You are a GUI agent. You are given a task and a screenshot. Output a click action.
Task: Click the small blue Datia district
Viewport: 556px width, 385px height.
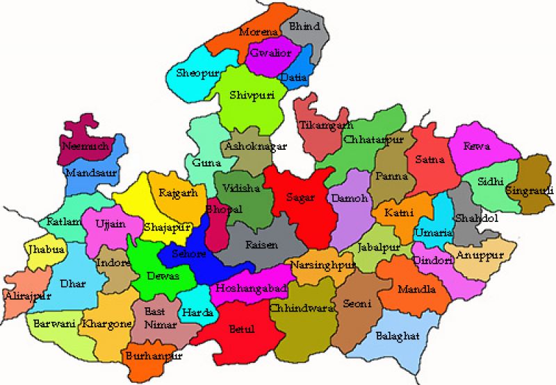tap(295, 75)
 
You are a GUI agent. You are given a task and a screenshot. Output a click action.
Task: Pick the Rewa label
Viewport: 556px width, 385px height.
tap(479, 147)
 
